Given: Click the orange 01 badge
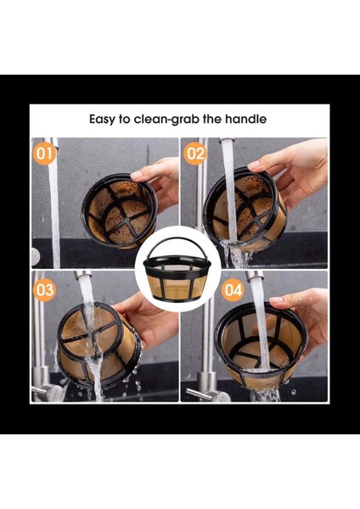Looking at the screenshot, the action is click(44, 154).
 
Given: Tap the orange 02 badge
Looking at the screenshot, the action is click(195, 154).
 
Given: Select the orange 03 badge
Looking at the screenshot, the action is click(44, 290).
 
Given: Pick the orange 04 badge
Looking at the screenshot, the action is click(233, 290).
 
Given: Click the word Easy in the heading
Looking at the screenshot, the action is click(102, 120).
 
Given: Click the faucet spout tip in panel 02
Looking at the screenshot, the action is click(227, 140).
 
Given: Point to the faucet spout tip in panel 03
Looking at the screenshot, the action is click(82, 274).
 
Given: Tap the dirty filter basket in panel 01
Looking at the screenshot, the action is click(120, 211).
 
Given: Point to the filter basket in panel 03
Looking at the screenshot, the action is click(99, 344).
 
